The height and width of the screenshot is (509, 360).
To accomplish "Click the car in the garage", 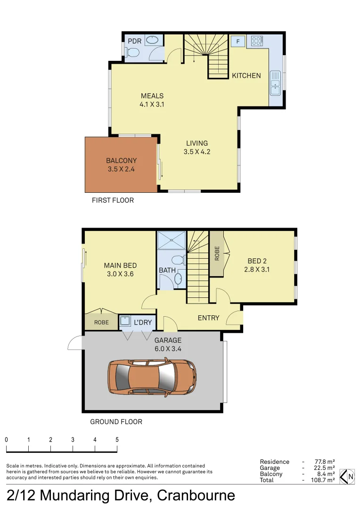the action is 152,377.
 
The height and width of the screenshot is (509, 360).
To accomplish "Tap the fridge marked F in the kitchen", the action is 238,41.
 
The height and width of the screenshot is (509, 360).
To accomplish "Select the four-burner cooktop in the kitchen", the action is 257,41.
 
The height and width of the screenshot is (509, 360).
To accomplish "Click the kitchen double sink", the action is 275,83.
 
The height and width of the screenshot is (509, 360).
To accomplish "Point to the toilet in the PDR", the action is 133,52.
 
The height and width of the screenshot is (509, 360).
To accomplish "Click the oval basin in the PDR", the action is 152,40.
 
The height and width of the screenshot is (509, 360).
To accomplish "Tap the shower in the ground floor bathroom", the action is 172,240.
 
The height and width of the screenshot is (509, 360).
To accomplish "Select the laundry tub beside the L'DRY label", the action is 125,321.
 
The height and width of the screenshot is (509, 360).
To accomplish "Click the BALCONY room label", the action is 122,160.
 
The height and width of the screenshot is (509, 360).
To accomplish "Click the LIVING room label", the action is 197,143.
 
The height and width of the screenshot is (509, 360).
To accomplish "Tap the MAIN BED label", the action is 121,265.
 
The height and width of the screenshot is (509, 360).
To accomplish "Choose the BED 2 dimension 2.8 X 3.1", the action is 257,269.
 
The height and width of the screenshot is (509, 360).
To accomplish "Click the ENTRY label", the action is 208,318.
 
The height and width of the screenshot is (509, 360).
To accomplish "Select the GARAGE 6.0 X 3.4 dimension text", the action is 168,349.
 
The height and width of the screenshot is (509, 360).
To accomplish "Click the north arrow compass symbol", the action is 347,476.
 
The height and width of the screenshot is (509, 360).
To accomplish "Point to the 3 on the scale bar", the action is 73,440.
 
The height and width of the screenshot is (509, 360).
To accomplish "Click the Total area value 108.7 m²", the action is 323,480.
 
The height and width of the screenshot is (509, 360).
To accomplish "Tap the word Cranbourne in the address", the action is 196,496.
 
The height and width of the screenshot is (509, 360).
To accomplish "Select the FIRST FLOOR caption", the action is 113,200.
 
